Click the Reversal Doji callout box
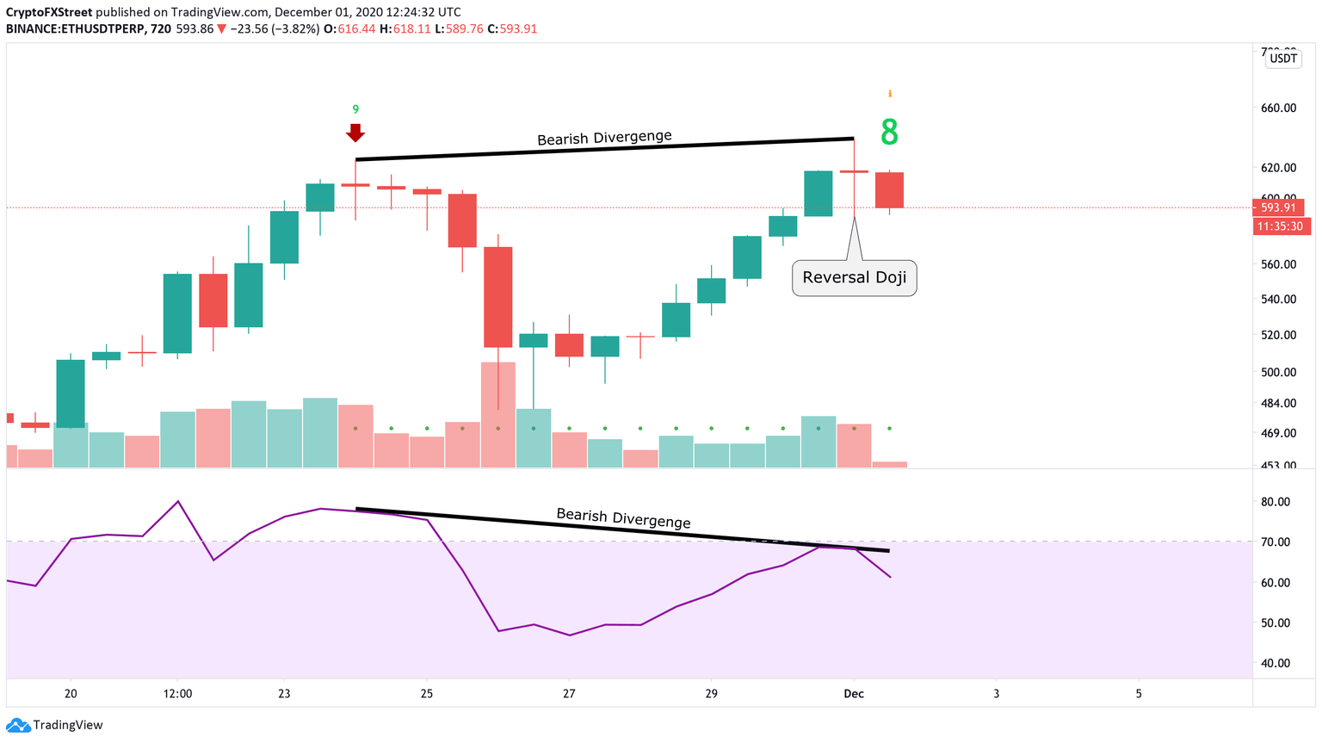(x=854, y=278)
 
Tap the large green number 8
(x=889, y=133)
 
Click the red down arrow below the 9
(x=355, y=133)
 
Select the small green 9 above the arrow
(x=355, y=109)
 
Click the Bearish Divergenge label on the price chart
(x=604, y=138)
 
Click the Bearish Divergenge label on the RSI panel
(x=623, y=517)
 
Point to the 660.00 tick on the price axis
(x=1278, y=108)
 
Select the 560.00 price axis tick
(x=1278, y=264)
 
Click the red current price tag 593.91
(x=1279, y=207)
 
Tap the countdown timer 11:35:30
(x=1279, y=226)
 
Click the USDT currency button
(x=1283, y=59)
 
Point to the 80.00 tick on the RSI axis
(x=1276, y=502)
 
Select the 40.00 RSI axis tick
(x=1276, y=663)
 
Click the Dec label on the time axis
(x=854, y=694)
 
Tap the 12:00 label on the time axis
(x=177, y=694)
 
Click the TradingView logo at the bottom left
(x=55, y=725)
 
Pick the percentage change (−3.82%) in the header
(x=294, y=28)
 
